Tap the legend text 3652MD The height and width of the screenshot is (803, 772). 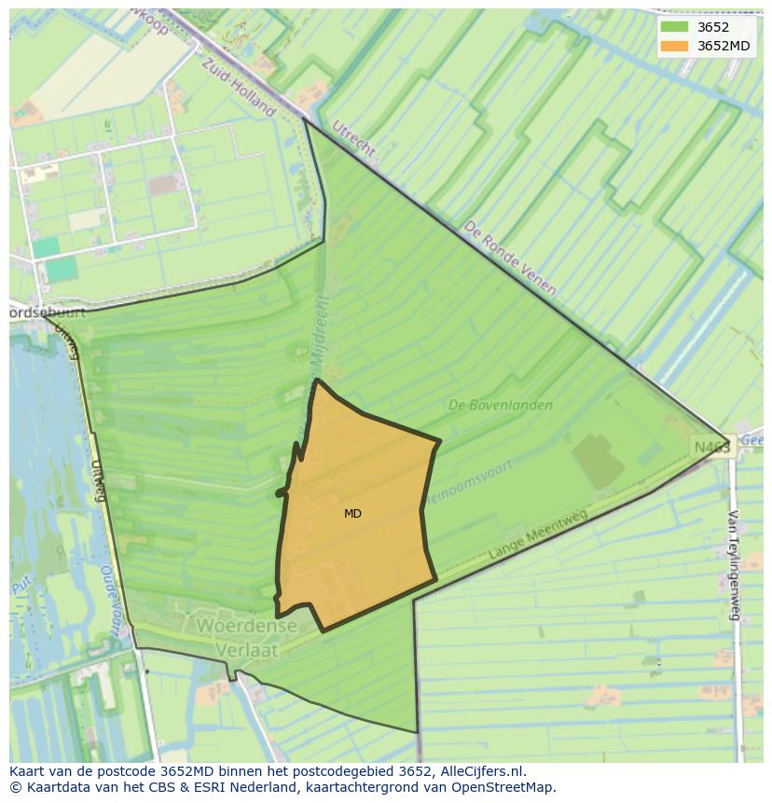pos(723,46)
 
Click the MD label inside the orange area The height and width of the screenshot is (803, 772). pos(352,514)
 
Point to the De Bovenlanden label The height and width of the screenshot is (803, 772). pos(500,405)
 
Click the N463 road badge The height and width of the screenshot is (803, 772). pos(712,448)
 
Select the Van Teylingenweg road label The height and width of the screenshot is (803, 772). pos(734,565)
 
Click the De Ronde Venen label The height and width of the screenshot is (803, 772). pos(510,258)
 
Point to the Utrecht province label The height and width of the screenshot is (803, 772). pos(353,138)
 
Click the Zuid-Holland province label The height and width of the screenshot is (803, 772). pos(240,83)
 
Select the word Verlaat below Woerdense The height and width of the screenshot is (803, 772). pos(247,648)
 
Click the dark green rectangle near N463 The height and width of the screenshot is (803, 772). pos(598,460)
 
